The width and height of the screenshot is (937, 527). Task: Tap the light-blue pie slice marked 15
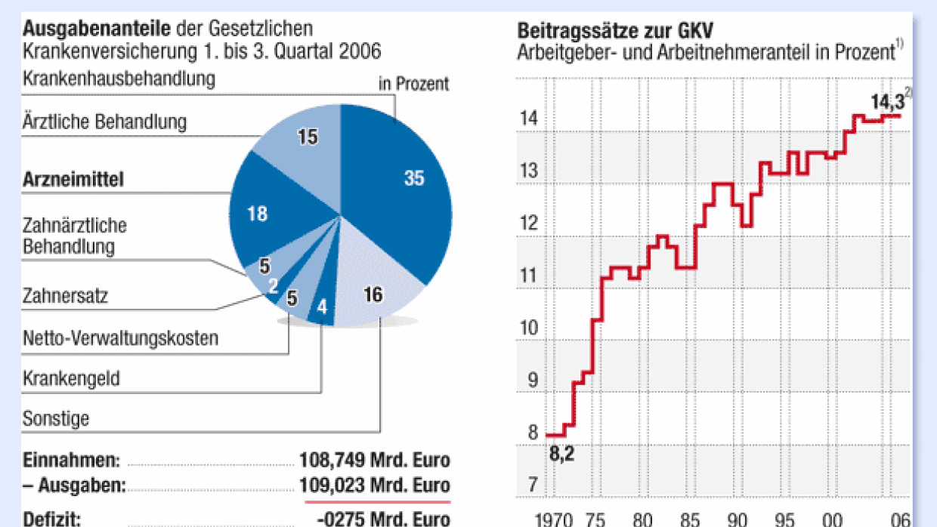[x=302, y=140]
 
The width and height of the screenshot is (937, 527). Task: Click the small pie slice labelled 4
[x=322, y=308]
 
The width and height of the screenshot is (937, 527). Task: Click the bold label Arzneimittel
[x=73, y=180]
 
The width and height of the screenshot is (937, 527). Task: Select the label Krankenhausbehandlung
[x=119, y=79]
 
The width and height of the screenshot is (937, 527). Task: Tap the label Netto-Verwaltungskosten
[x=121, y=337]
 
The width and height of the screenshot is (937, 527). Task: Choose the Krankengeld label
[x=72, y=378]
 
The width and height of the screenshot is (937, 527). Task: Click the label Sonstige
[x=57, y=418]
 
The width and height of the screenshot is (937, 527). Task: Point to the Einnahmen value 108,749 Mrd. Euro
[x=375, y=460]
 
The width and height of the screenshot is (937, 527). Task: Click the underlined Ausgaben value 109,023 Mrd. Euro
[x=375, y=485]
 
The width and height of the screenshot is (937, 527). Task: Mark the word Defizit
[x=52, y=519]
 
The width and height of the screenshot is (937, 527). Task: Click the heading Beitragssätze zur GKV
[x=615, y=31]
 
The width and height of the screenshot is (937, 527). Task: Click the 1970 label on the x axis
[x=553, y=519]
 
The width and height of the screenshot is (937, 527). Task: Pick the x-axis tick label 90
[x=737, y=519]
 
